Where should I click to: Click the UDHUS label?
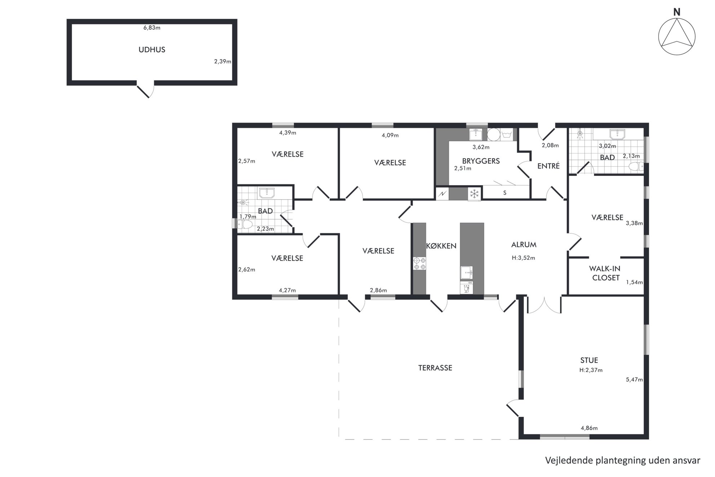coord(152,50)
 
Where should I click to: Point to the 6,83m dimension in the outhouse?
coord(152,28)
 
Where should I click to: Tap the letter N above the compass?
coord(677,12)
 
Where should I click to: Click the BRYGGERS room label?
coord(481,161)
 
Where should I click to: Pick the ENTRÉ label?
coord(548,166)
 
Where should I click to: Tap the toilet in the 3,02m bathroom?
coord(636,167)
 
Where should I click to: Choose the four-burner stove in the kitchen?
coord(419,264)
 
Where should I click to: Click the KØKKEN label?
coord(441,246)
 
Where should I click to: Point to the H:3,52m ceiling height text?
coord(523,258)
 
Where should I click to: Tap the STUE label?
coord(589,360)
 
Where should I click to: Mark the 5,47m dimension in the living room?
coord(634,379)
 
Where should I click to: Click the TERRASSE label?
coord(435,368)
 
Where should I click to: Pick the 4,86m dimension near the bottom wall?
coord(589,428)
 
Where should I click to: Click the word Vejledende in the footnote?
coord(569,460)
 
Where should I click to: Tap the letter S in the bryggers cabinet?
coord(505,193)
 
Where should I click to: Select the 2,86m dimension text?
coord(378,290)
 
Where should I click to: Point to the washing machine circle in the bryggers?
coord(493,135)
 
